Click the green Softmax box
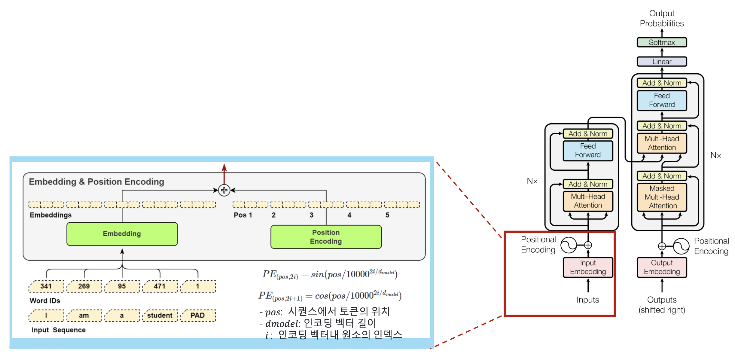661,42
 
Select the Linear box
661,62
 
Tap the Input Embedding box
588,267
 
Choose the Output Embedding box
662,267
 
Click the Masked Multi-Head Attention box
662,197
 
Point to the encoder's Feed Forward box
588,151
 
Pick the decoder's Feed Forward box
662,100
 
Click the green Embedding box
122,234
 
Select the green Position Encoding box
326,237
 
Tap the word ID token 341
46,286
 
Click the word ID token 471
160,286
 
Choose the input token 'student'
160,315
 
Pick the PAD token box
197,315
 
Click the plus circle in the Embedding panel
224,190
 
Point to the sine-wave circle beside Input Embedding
569,245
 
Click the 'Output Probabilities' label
662,18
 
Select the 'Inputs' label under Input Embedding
588,300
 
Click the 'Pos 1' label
243,215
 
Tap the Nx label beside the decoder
715,155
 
